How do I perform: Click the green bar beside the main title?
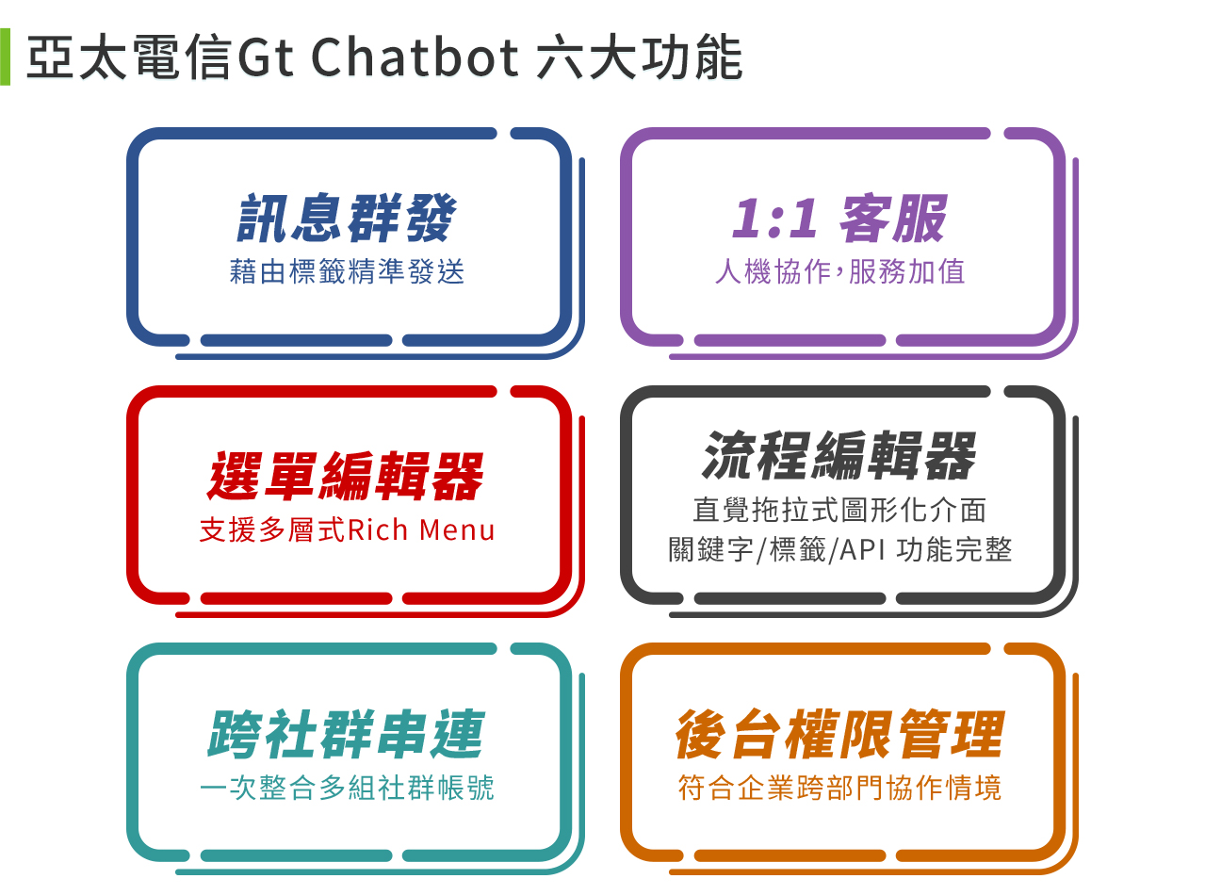pyautogui.click(x=5, y=57)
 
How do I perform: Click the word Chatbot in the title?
pyautogui.click(x=415, y=57)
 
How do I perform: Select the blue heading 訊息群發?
pyautogui.click(x=347, y=218)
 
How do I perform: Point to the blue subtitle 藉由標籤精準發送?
pyautogui.click(x=347, y=271)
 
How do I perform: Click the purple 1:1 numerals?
pyautogui.click(x=774, y=219)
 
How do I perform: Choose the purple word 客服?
pyautogui.click(x=893, y=218)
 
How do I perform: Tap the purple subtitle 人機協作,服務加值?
pyautogui.click(x=839, y=271)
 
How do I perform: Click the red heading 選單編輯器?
pyautogui.click(x=346, y=476)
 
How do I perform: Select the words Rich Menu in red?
pyautogui.click(x=421, y=529)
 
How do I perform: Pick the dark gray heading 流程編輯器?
pyautogui.click(x=839, y=455)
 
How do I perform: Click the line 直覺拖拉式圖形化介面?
pyautogui.click(x=839, y=510)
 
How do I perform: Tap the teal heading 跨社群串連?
pyautogui.click(x=346, y=734)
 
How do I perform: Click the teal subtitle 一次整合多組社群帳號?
pyautogui.click(x=347, y=788)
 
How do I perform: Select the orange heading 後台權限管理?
pyautogui.click(x=839, y=734)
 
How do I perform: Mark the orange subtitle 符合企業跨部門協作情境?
pyautogui.click(x=839, y=788)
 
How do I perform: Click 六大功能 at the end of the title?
pyautogui.click(x=640, y=57)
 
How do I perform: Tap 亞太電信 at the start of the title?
pyautogui.click(x=129, y=57)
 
